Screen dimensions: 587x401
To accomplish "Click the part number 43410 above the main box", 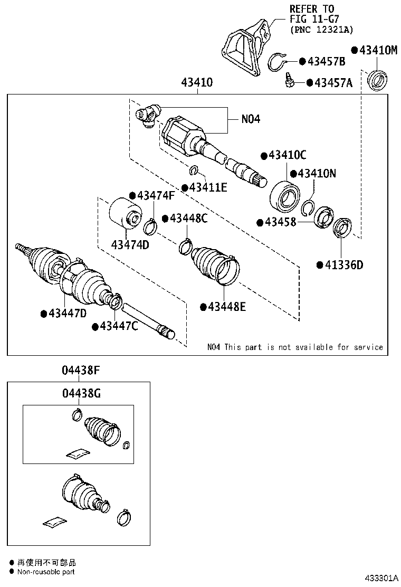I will coord(197,82).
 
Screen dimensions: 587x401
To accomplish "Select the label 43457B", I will coord(326,62).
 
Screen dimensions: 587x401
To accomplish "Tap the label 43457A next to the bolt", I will coord(333,82).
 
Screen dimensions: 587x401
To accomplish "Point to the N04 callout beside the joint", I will coord(251,119).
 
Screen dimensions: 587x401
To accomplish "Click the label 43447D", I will coord(67,313).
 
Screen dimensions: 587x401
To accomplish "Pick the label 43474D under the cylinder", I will coord(130,244).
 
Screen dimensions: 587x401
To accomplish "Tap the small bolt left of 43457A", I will coord(289,81).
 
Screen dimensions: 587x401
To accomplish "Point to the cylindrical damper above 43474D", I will coord(126,213).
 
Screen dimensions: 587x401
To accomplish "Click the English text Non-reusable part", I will coord(46,572).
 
